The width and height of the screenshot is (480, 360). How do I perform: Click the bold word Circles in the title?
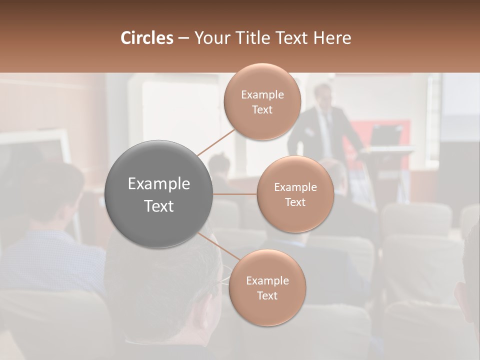[146, 38]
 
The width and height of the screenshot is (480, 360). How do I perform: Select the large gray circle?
[159, 194]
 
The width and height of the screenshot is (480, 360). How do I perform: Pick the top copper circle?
[262, 101]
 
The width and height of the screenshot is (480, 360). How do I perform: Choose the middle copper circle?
[295, 194]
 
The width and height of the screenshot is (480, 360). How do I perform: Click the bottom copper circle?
[267, 287]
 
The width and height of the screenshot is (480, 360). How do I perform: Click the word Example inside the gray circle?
[159, 184]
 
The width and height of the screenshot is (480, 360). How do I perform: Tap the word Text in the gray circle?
[159, 206]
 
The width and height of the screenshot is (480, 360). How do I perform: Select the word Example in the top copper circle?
[262, 94]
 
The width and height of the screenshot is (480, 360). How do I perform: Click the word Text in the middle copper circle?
[295, 202]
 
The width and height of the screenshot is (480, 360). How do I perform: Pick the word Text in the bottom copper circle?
[267, 295]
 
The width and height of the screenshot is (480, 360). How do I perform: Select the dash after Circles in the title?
[183, 38]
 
